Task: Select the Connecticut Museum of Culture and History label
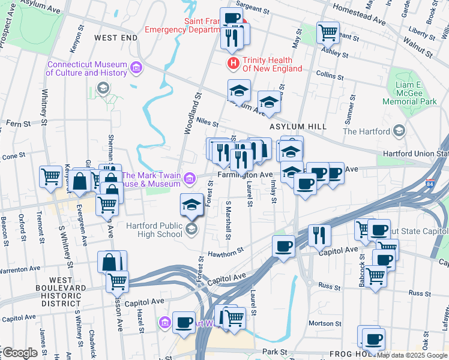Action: coord(87,69)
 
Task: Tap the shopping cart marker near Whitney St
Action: coord(50,176)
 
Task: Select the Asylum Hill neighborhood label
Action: coord(298,127)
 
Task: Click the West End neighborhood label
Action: coord(116,38)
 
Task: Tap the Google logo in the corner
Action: coord(19,353)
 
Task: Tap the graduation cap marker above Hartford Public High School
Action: coord(191,205)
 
